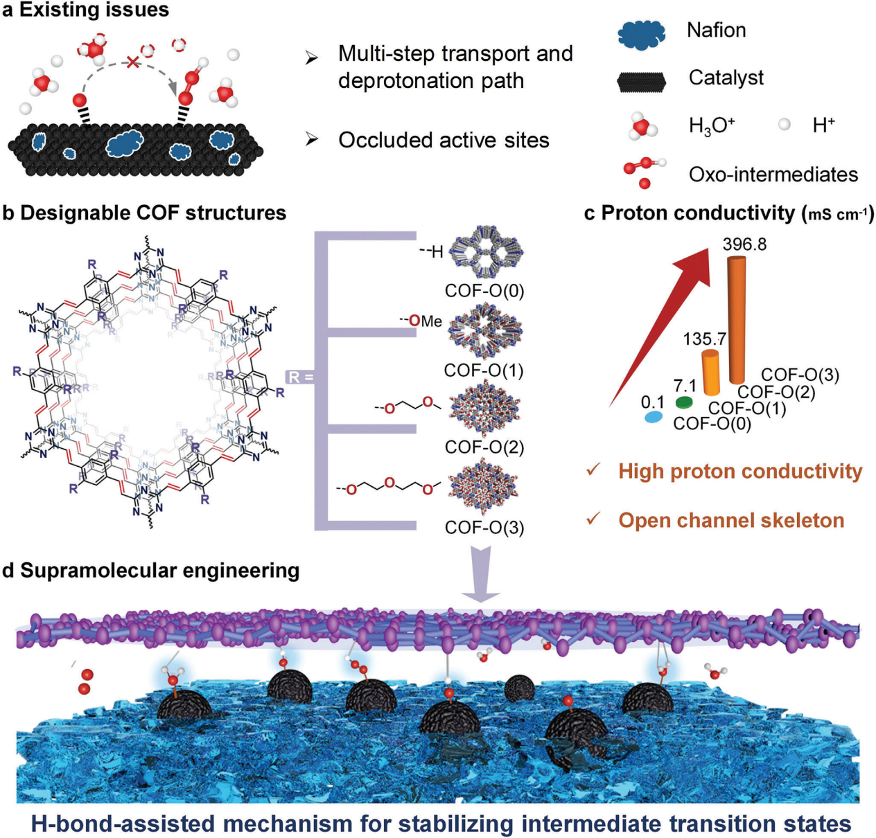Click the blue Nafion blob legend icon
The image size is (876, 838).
coord(641,33)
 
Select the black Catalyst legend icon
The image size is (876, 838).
coord(641,82)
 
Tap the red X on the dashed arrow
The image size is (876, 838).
coord(132,63)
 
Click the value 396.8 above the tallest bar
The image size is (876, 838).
coord(744,244)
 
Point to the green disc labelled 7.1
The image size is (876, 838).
coord(685,402)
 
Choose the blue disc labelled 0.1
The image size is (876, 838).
coord(652,418)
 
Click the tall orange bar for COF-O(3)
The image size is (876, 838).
coord(737,319)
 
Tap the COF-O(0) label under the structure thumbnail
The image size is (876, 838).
coord(484,291)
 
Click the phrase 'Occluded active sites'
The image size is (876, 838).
coord(444,140)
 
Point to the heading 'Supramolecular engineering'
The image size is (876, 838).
coord(159,571)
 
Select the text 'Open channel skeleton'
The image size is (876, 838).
coord(731,521)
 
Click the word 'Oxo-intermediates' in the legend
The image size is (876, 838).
coord(773,175)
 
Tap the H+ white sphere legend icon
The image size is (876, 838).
coord(785,125)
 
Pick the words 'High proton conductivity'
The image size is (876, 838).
coord(740,472)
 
